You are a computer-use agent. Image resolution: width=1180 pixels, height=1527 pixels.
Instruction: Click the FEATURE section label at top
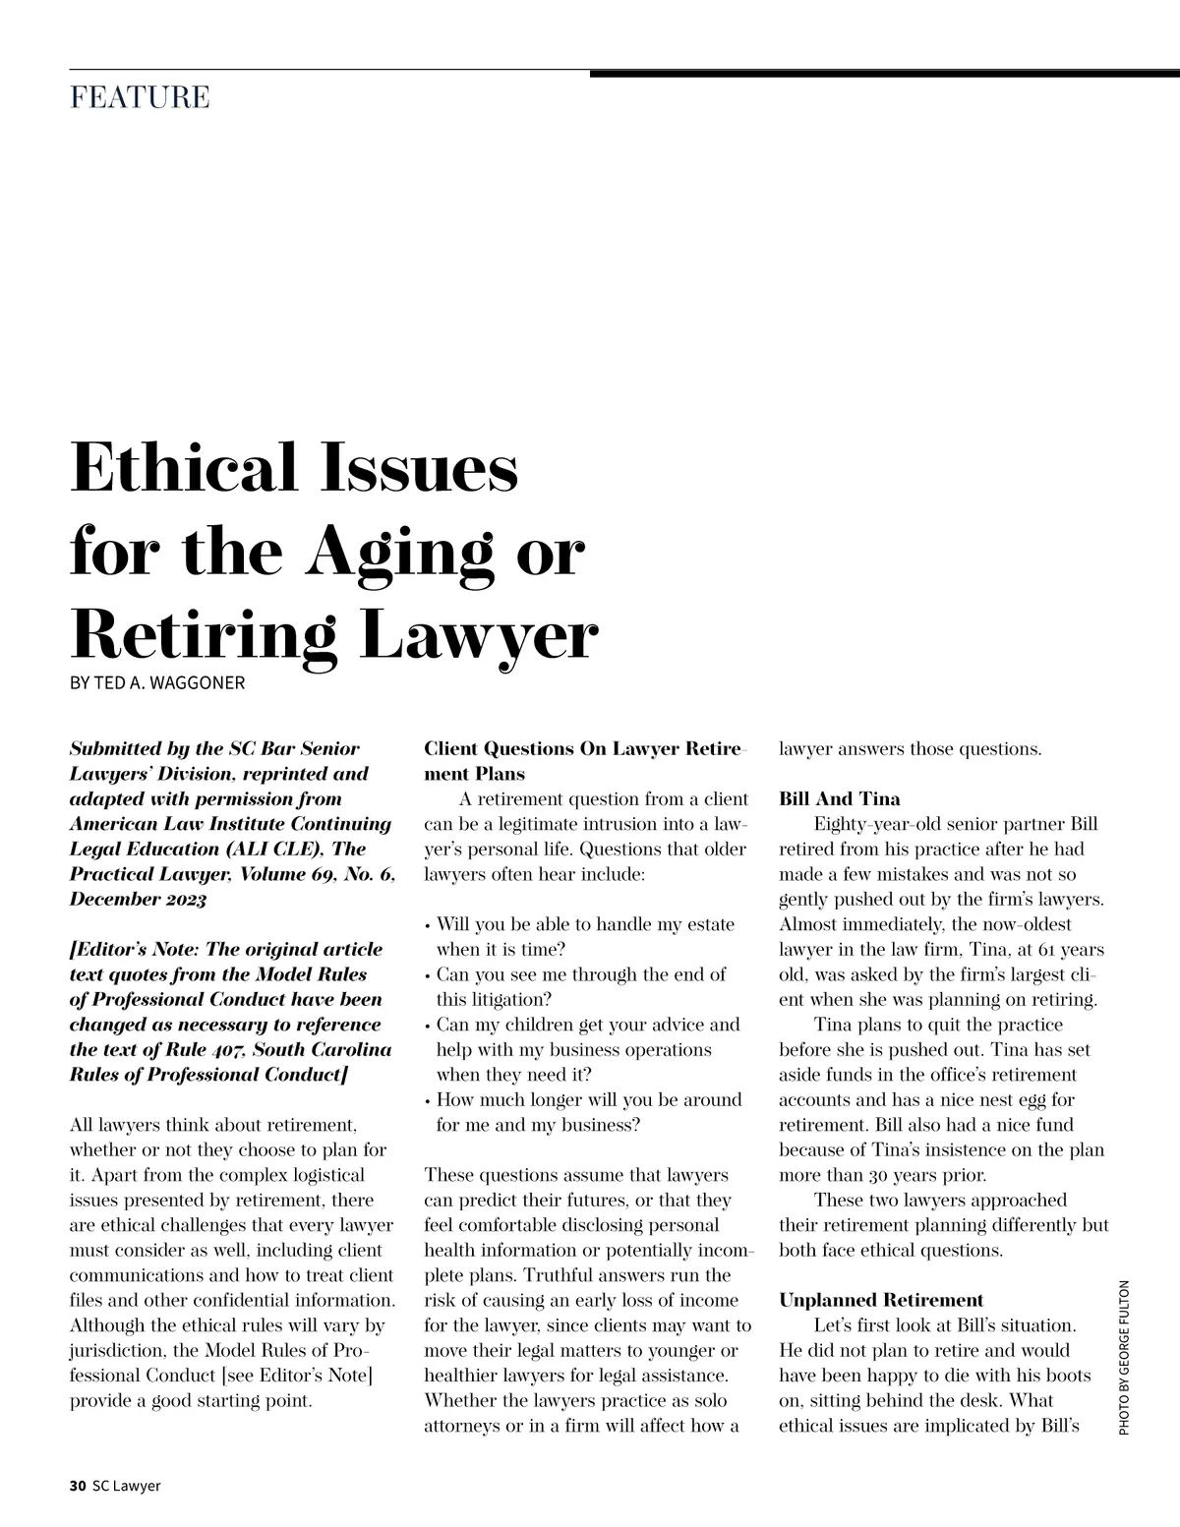tap(140, 98)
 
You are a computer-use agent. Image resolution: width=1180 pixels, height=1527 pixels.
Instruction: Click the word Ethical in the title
tap(183, 468)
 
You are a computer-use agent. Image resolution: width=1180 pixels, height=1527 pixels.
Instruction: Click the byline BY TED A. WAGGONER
tap(157, 682)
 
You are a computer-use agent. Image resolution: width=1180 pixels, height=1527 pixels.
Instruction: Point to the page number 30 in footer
tap(78, 1486)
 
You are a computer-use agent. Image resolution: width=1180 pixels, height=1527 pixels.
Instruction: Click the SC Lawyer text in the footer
tap(126, 1486)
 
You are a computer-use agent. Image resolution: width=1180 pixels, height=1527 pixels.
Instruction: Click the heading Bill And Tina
tap(839, 799)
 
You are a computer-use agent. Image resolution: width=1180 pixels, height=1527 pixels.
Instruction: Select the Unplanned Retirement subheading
tap(881, 1301)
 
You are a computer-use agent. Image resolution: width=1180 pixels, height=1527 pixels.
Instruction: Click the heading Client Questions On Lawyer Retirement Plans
tap(585, 761)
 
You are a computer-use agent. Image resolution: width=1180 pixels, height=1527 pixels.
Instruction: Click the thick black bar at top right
tap(884, 73)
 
